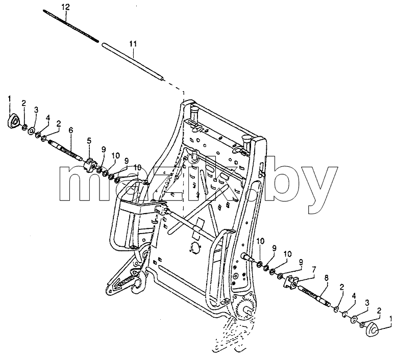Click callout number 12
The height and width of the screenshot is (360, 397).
tap(65, 7)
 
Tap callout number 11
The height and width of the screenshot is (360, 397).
tap(133, 44)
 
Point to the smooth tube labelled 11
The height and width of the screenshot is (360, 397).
tap(133, 62)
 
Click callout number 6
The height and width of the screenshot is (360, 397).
tap(70, 131)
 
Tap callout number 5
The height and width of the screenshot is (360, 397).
tap(89, 141)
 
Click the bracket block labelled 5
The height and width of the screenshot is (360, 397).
tap(90, 164)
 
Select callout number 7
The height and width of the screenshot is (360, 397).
tap(314, 269)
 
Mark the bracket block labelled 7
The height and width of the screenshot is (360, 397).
tap(291, 282)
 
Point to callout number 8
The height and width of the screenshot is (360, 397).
tap(327, 278)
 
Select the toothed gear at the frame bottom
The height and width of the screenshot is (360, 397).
tap(244, 308)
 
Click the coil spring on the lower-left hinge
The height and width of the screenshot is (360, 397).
tap(127, 280)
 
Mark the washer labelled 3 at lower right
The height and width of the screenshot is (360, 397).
tap(354, 320)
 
